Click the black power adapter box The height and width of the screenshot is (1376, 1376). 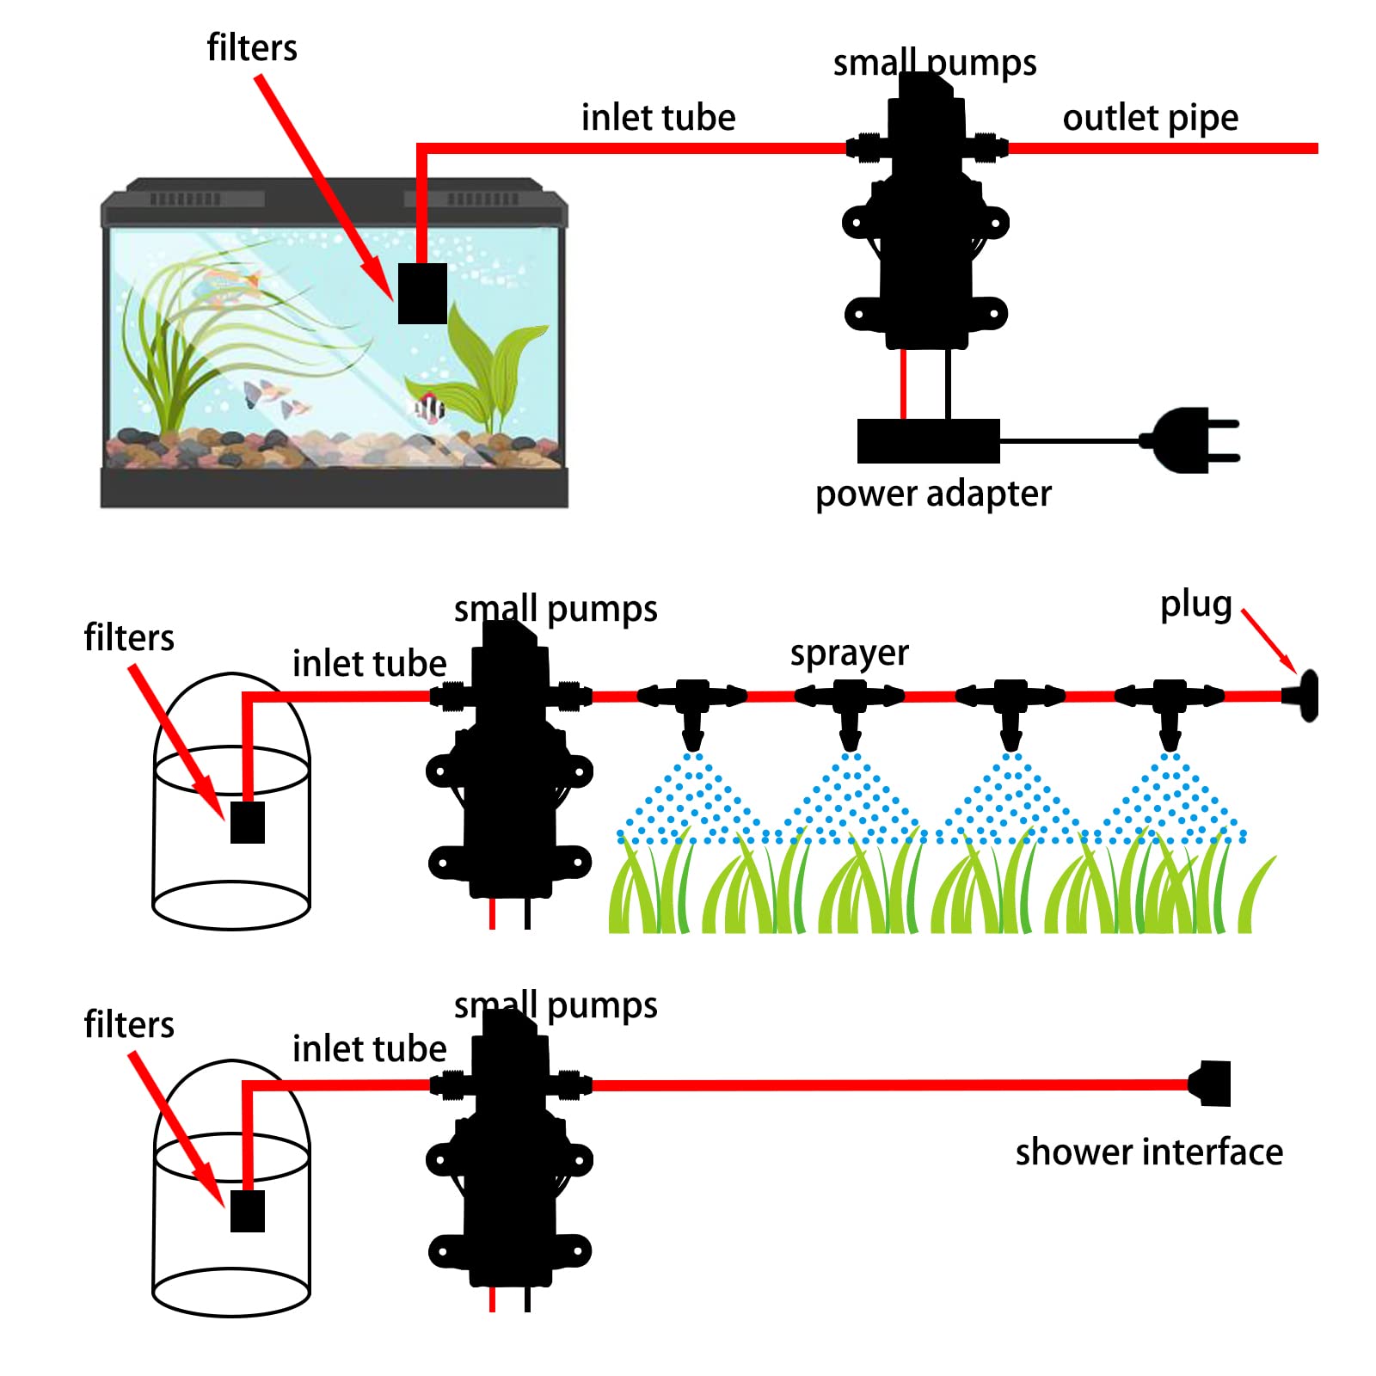[x=928, y=441]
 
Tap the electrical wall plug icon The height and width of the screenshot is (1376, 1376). [x=1191, y=440]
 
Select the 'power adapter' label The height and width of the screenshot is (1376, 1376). [x=933, y=494]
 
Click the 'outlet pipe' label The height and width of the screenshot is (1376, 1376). [x=1150, y=118]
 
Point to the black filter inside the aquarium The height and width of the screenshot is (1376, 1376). [x=422, y=293]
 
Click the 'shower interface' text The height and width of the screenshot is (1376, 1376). [x=1149, y=1152]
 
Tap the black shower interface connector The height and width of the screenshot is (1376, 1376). [x=1213, y=1084]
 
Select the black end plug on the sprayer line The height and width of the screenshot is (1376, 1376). [x=1304, y=696]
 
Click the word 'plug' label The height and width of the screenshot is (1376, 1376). [x=1195, y=605]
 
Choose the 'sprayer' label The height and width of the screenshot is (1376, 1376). [x=849, y=654]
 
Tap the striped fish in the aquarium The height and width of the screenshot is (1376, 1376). [x=429, y=407]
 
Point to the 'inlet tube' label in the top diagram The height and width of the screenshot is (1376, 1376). [x=658, y=118]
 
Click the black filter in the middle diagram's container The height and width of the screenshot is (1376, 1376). [x=248, y=822]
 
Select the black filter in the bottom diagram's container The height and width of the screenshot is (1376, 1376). [x=248, y=1210]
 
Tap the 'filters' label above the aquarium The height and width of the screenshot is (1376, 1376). [x=252, y=48]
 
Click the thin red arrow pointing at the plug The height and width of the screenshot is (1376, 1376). [x=1269, y=642]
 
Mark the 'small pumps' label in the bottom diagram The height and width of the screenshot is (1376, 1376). [x=556, y=1004]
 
